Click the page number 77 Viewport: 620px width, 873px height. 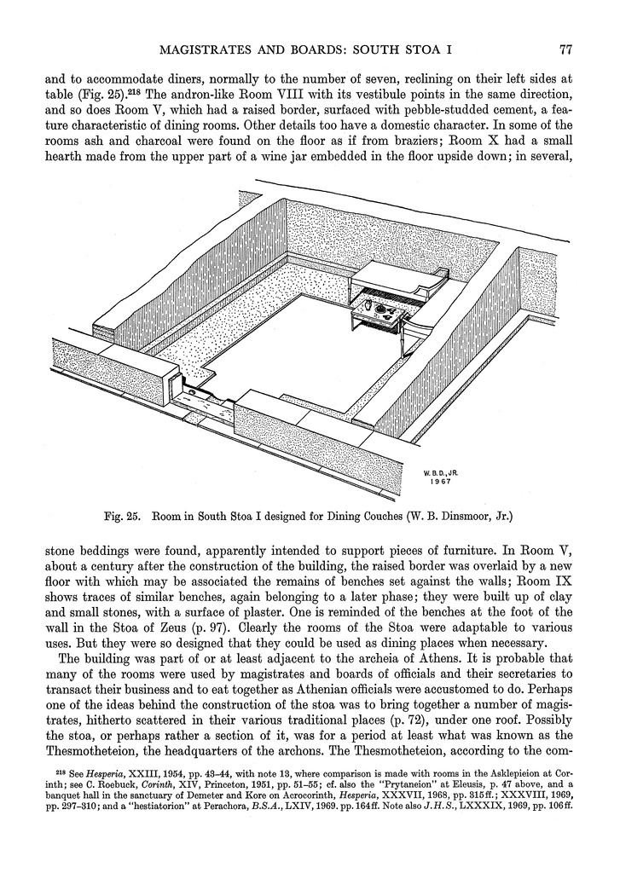tap(565, 49)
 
